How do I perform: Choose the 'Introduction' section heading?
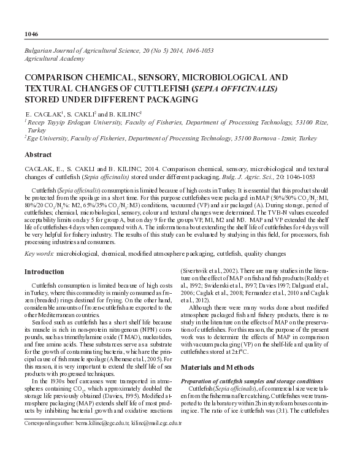click(45, 271)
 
